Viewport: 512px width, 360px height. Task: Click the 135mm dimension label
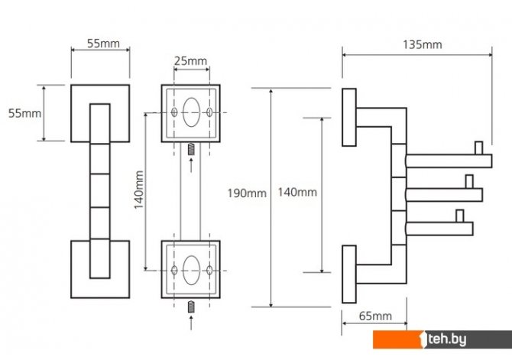422,44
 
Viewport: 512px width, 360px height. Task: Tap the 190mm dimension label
247,193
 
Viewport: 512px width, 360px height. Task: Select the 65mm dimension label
375,316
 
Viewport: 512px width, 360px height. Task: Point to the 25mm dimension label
190,60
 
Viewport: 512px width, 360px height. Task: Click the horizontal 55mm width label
103,44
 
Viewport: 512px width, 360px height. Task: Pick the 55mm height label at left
24,113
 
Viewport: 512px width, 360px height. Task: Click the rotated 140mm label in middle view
139,190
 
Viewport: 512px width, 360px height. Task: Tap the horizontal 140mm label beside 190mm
297,192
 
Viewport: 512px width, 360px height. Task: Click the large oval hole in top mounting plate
191,112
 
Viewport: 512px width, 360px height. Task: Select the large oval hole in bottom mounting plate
191,270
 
